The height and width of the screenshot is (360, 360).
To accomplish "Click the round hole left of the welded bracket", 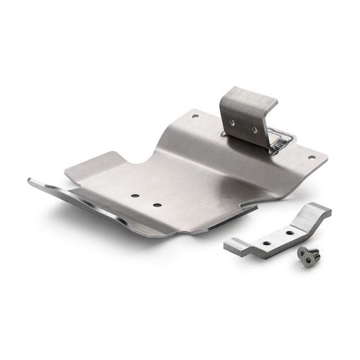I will pos(195,116).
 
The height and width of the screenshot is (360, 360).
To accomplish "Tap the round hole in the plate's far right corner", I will pos(311,157).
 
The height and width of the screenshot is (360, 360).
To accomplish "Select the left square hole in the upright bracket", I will pos(232,123).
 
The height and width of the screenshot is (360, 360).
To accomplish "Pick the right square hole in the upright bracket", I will pos(254,130).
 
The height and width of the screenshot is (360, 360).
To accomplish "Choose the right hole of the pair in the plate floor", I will pos(157,205).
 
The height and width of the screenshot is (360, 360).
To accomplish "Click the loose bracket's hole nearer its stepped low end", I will pos(266,243).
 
